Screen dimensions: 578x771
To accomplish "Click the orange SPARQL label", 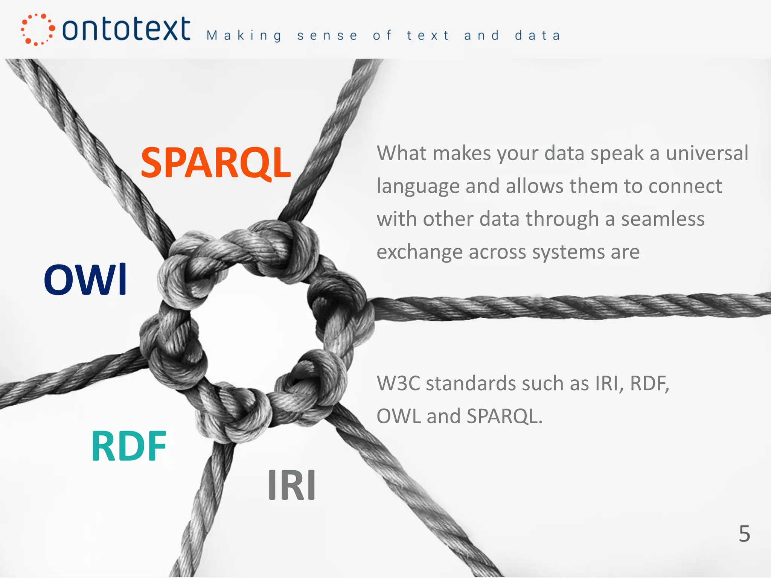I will coord(216,163).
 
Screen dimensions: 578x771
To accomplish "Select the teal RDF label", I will coord(129,446).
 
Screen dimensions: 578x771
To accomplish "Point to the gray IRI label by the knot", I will coord(292,485).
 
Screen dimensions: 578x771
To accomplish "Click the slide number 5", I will coord(744,534).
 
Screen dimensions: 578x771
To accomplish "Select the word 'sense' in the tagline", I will coord(327,36).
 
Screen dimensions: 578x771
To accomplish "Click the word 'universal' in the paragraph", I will coord(707,153).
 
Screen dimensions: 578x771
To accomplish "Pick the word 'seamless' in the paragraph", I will coord(663,219).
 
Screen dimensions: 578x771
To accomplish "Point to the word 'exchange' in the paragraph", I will coord(419,252).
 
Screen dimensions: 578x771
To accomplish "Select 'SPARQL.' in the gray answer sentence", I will coord(504,416).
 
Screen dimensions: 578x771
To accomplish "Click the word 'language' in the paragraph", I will coord(418,186).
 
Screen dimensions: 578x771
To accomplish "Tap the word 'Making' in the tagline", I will coord(244,36).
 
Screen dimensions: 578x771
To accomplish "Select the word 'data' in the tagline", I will coord(538,36).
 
